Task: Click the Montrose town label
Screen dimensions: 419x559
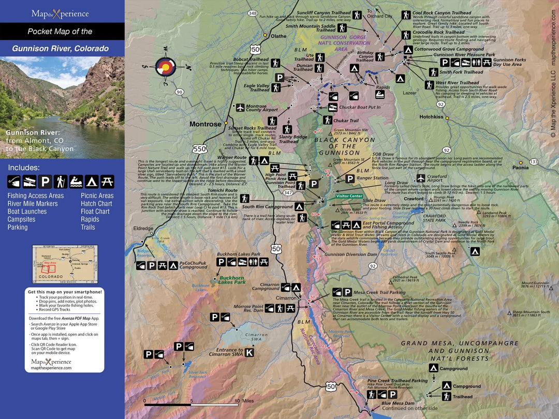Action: [205, 124]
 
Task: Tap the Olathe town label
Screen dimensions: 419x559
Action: [278, 36]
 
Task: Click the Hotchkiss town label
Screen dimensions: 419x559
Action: [431, 117]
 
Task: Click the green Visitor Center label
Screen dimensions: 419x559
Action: [349, 196]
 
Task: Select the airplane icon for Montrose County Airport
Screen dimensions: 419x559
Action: [240, 108]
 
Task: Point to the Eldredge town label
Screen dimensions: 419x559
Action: [143, 228]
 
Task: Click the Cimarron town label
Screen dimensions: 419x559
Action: [286, 298]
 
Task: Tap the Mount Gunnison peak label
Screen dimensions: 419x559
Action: [535, 283]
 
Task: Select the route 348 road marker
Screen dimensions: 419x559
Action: [252, 13]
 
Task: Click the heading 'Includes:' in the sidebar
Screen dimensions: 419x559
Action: [23, 168]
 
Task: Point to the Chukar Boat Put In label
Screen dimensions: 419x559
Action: [360, 107]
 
